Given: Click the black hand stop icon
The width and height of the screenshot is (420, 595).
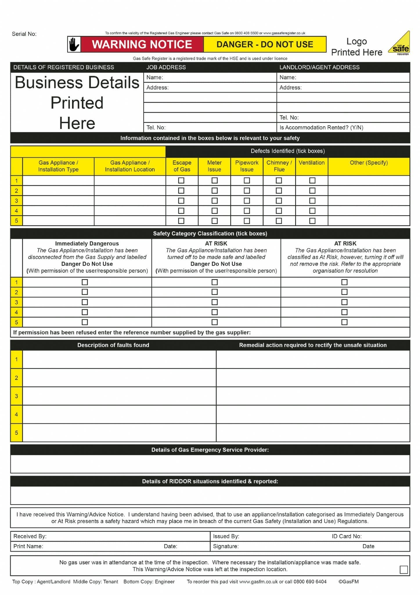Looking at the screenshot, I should coord(74,44).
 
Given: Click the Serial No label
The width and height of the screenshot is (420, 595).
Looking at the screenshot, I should coord(24,34).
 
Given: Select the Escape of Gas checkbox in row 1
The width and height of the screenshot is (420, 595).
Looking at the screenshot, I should coord(181,180).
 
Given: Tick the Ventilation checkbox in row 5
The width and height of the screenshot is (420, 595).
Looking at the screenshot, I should coord(312,221).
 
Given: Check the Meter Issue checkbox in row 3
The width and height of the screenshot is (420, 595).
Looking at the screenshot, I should coord(214,201).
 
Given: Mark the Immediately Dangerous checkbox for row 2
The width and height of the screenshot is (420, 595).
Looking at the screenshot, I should coord(85,292).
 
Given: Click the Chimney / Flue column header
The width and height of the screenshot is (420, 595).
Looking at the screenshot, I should coord(279,166).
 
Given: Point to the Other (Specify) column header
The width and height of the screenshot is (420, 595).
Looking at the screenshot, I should coord(369,163).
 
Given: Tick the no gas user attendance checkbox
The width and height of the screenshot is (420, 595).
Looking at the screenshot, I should coord(403,569).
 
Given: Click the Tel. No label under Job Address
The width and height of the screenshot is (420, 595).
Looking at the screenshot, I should coord(156,128).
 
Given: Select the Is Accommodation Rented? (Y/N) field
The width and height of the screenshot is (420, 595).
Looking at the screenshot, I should coord(321,128).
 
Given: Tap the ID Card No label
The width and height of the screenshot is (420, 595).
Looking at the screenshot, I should coord(347,536).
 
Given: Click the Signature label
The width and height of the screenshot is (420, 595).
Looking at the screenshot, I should coord(226,546).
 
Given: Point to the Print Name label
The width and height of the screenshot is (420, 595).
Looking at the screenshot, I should coord(28,546).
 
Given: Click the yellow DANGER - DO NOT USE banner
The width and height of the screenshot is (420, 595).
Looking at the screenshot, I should coord(265,44).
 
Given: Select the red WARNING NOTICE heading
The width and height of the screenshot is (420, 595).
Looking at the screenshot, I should coord(142,44).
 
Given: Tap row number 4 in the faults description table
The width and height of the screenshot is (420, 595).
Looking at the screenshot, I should coord(17,414).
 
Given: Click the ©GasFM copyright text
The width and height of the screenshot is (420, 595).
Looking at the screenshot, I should coord(348,582).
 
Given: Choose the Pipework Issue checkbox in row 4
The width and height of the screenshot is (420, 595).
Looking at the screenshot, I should coord(247,211).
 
